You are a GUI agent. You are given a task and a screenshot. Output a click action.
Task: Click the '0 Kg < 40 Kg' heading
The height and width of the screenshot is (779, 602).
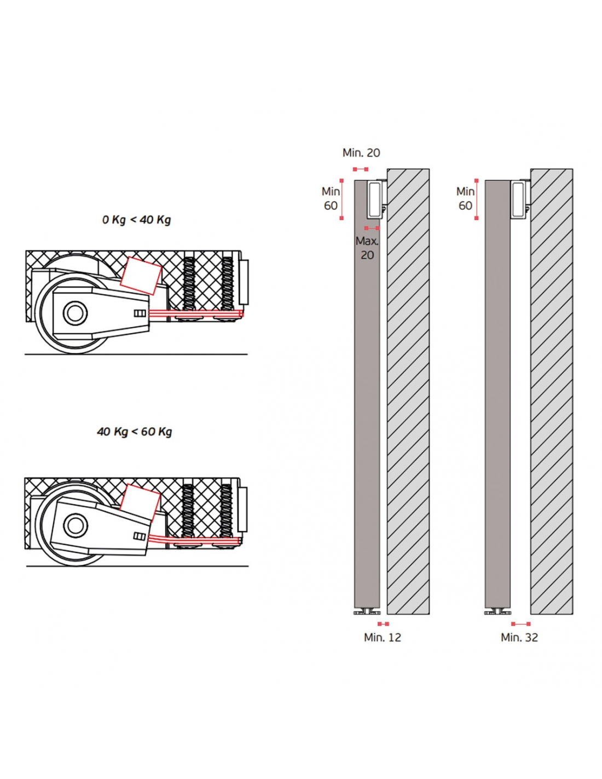pyautogui.click(x=136, y=220)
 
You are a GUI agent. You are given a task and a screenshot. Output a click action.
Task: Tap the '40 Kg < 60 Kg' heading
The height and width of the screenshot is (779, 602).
pyautogui.click(x=135, y=432)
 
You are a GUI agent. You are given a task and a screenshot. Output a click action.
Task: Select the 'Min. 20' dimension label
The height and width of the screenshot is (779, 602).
pyautogui.click(x=361, y=153)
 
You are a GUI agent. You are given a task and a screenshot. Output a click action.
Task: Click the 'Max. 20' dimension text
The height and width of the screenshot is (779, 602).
pyautogui.click(x=367, y=248)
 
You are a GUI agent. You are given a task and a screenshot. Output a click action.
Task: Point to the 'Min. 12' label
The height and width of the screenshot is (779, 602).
pyautogui.click(x=383, y=637)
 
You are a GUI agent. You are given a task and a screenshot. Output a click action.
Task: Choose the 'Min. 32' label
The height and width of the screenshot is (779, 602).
pyautogui.click(x=519, y=637)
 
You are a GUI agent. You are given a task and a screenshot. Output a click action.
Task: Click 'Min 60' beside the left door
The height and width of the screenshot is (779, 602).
pyautogui.click(x=331, y=198)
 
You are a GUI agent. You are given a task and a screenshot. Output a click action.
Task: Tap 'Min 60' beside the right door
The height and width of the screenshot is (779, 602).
pyautogui.click(x=466, y=198)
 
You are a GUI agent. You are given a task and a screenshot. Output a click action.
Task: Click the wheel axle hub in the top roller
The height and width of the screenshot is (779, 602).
pyautogui.click(x=74, y=313)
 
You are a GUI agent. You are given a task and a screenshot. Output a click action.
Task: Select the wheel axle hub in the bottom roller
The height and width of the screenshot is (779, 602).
pyautogui.click(x=75, y=526)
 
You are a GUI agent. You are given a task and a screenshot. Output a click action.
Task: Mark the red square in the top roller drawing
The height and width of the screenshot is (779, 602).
pyautogui.click(x=141, y=275)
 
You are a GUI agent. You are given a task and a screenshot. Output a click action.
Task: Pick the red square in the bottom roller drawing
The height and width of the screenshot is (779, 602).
pyautogui.click(x=141, y=503)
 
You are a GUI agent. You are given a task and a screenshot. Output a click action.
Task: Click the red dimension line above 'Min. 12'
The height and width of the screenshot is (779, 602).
pyautogui.click(x=383, y=624)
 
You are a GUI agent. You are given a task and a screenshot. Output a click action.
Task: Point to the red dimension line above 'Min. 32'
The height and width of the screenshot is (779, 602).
pyautogui.click(x=521, y=624)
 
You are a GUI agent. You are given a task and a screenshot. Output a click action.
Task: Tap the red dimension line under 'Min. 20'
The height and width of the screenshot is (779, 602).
pyautogui.click(x=360, y=169)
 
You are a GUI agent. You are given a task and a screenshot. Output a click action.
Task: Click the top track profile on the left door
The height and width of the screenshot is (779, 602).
pyautogui.click(x=375, y=199)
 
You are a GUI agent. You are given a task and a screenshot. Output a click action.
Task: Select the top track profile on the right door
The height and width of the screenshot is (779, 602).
pyautogui.click(x=519, y=199)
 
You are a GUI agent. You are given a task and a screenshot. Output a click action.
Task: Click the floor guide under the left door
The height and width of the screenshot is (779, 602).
pyautogui.click(x=367, y=611)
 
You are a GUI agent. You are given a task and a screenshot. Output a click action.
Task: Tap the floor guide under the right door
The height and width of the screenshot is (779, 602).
pyautogui.click(x=498, y=611)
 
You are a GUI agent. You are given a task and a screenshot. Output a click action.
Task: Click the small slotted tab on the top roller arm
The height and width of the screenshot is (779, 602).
pyautogui.click(x=140, y=313)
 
